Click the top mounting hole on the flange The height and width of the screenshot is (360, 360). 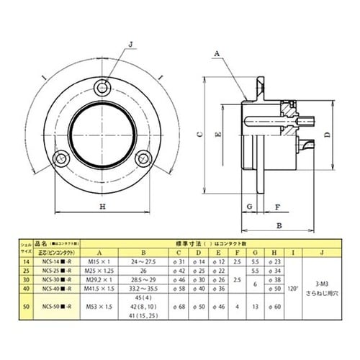click(102, 89)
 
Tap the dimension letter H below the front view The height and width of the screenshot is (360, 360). click(102, 207)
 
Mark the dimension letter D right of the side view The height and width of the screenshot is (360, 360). click(328, 134)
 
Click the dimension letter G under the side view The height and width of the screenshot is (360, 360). click(248, 206)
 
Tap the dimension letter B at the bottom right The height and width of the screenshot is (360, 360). click(278, 225)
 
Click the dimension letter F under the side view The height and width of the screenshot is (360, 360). click(276, 206)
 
